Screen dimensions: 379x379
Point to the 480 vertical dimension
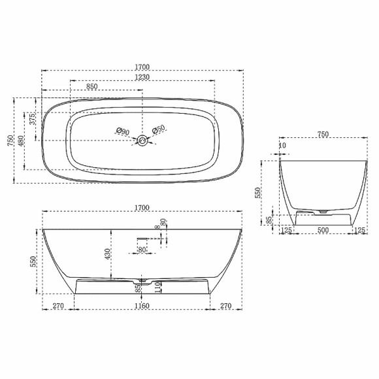(x=22, y=140)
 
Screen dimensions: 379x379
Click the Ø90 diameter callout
(x=122, y=133)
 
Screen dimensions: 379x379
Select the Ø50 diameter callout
(x=159, y=131)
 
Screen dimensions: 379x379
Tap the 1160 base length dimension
(x=142, y=306)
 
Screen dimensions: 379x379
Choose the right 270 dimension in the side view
(x=226, y=306)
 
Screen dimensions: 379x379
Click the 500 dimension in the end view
(x=322, y=229)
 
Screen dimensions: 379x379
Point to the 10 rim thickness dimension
(x=282, y=146)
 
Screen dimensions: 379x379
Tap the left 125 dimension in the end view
(x=286, y=229)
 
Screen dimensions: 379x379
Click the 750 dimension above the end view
(x=323, y=134)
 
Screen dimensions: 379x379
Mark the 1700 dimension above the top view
(x=142, y=67)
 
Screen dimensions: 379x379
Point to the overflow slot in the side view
(x=142, y=240)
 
